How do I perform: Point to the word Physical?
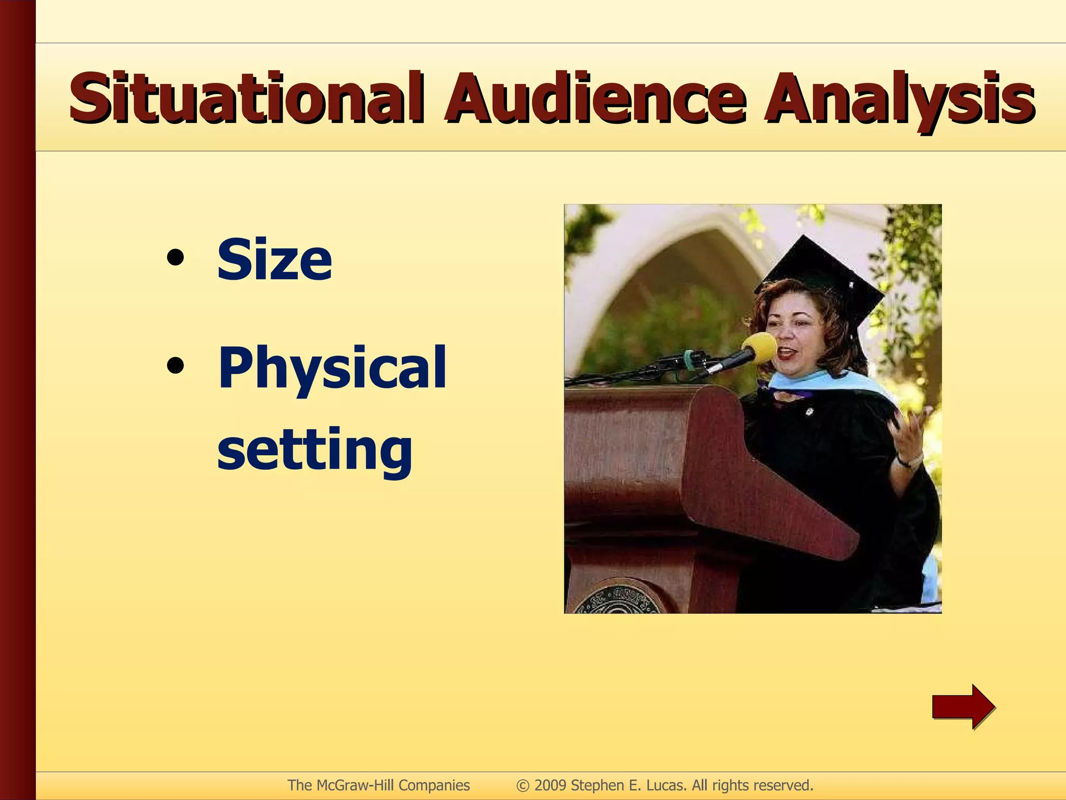point(332,368)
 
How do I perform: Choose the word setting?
point(314,448)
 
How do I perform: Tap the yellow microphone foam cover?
point(759,347)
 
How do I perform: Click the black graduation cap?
point(822,281)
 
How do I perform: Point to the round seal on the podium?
point(619,599)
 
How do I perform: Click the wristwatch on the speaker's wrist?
point(910,460)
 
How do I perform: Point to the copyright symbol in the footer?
point(522,785)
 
